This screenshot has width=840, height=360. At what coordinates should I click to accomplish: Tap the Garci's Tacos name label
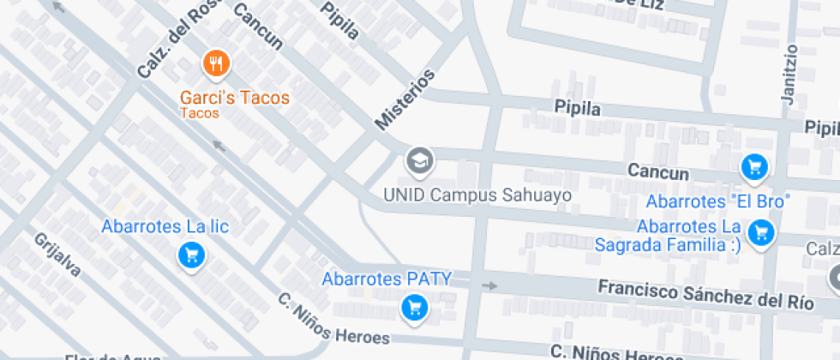[235, 97]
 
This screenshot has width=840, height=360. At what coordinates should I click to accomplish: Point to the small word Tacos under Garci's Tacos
[199, 113]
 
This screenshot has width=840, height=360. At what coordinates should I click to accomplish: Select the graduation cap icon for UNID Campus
[419, 160]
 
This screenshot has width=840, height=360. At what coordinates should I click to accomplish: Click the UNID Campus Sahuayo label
[477, 195]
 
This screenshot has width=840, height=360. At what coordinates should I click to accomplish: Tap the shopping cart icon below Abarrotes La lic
[190, 255]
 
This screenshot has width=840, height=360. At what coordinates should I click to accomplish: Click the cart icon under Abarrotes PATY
[415, 306]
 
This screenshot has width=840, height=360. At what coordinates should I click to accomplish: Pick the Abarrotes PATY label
[386, 279]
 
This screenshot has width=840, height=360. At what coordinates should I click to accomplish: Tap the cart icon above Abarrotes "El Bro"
[753, 167]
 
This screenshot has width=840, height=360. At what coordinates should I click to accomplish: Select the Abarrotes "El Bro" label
[717, 202]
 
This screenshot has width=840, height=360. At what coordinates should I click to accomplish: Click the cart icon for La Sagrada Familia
[759, 231]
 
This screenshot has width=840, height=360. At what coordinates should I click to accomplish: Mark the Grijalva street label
[58, 255]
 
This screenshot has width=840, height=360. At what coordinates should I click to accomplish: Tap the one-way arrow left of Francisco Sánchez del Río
[489, 285]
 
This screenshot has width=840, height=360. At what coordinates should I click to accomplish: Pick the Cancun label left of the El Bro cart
[658, 172]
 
